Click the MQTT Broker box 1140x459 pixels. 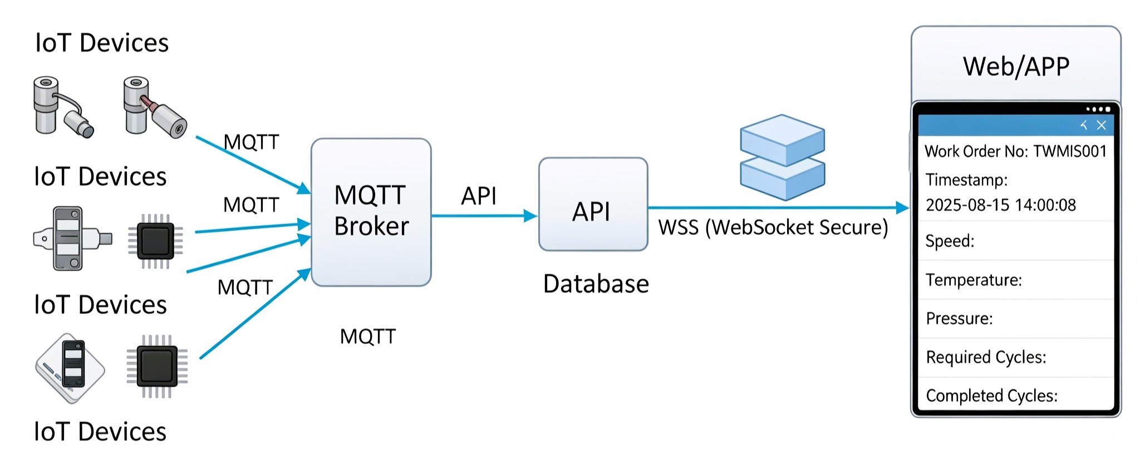coord(371,212)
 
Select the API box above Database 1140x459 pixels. coord(593,205)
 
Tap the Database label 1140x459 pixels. coord(596,284)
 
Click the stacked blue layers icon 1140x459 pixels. coord(782,157)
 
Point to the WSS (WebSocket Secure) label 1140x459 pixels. coord(773,228)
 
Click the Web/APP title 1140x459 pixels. coord(1016,66)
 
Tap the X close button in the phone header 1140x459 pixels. coord(1101,125)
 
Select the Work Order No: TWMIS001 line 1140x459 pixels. coord(1015,151)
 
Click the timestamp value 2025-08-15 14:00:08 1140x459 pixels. coord(1000,205)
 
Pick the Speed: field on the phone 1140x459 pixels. coord(950,241)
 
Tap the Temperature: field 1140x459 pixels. coord(974,280)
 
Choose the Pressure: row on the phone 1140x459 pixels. coord(959,319)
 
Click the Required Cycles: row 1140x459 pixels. coord(986,357)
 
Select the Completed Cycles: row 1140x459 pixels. coord(991,396)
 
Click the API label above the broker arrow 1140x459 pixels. coord(479,196)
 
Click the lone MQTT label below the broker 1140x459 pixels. coord(368,337)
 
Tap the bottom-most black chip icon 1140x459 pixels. coord(157,366)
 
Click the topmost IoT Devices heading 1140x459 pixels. coord(102,43)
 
